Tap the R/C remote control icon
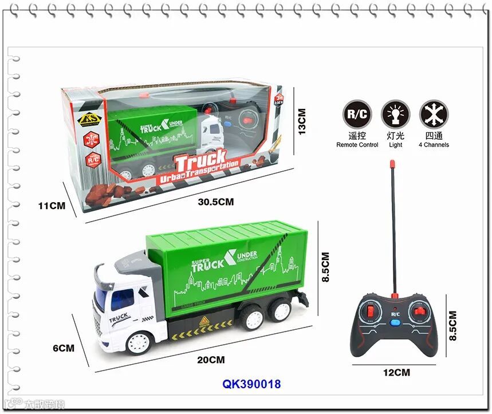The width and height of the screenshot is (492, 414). (x=357, y=114)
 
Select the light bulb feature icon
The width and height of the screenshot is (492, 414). (x=395, y=114)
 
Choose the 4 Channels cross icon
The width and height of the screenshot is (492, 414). (x=434, y=114)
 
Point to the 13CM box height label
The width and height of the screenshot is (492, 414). (x=302, y=121)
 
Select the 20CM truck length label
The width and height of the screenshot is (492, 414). (x=211, y=360)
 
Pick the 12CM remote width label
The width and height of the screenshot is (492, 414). (x=396, y=372)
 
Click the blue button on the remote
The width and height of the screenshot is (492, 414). (x=396, y=322)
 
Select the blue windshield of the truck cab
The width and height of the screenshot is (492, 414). (x=114, y=298)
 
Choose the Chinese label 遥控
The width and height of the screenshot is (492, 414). (x=357, y=136)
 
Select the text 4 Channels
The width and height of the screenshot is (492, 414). (x=433, y=145)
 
